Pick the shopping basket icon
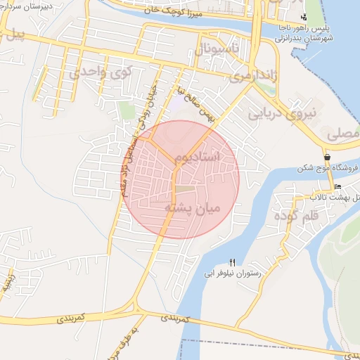327,157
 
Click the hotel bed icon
339,187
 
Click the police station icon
304,16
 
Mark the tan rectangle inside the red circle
186,189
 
